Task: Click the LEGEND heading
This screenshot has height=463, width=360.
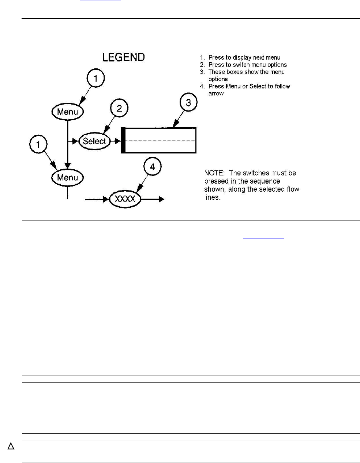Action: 123,57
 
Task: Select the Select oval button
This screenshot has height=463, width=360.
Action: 94,141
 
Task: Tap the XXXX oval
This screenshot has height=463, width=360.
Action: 125,199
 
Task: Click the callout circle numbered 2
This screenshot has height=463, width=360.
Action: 119,108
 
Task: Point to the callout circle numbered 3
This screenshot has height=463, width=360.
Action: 188,103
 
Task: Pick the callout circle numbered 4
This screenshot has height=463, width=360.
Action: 153,167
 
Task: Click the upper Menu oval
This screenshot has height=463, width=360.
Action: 68,112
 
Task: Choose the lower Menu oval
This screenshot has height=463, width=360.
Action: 68,178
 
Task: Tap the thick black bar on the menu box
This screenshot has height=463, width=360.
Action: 123,140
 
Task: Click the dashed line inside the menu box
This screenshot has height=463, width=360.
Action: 161,140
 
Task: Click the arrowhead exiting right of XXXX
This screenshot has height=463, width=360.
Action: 161,199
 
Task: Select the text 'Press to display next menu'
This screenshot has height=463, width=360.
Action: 244,57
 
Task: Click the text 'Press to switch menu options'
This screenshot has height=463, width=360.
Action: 248,65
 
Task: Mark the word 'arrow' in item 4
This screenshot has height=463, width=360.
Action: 216,94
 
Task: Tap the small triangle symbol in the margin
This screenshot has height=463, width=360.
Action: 11,446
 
